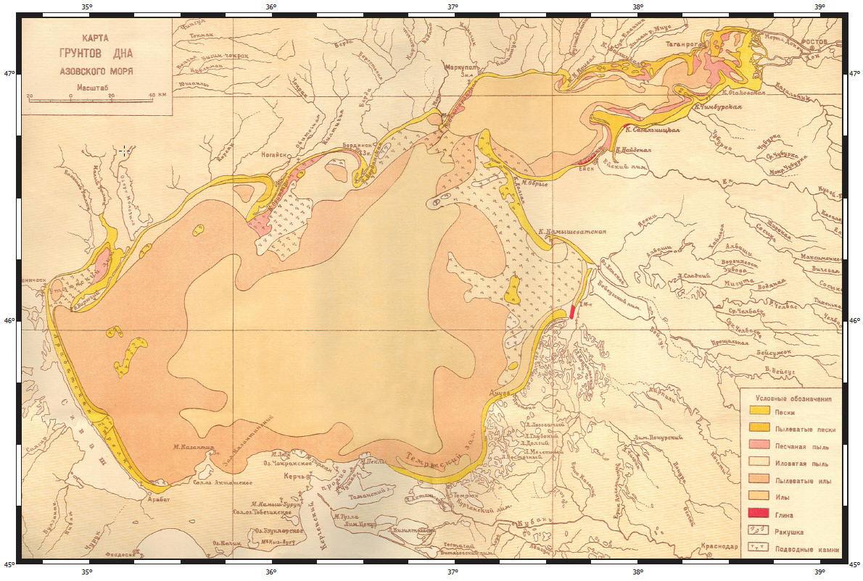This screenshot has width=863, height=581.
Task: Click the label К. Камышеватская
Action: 571,232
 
